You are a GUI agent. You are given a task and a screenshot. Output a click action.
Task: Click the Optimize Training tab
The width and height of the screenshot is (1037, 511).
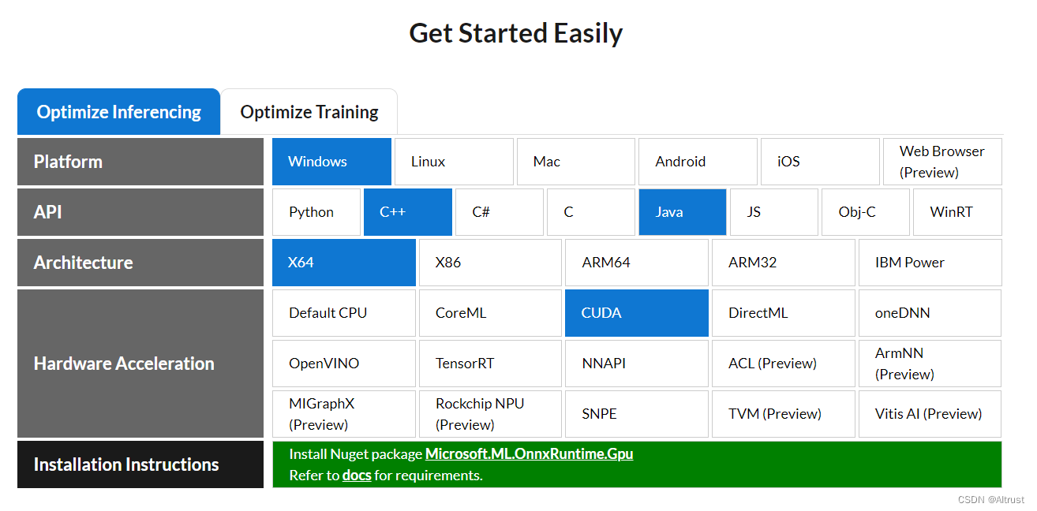309,112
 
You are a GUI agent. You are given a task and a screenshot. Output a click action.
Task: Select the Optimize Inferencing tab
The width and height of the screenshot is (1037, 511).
118,112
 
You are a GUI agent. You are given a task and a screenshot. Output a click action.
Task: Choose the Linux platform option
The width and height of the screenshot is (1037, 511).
454,162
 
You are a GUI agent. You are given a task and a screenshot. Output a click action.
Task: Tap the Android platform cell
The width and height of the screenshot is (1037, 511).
698,162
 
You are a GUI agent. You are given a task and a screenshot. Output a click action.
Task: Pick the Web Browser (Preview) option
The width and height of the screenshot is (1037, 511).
942,162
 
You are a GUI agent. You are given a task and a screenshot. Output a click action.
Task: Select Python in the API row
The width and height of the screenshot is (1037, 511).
316,212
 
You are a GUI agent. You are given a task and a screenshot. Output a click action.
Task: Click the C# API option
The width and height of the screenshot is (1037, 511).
499,212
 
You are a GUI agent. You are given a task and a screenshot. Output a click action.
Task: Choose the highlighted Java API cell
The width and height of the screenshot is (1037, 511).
683,212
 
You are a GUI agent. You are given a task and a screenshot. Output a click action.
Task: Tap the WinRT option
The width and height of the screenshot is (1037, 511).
957,212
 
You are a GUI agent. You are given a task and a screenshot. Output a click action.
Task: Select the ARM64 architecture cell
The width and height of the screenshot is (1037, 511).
637,263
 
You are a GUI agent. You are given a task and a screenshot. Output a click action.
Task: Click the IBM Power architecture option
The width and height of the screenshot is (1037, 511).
930,263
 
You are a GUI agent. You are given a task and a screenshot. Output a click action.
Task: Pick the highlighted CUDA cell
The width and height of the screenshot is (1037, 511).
637,312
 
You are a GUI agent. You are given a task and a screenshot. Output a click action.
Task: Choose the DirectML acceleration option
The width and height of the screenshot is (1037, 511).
784,312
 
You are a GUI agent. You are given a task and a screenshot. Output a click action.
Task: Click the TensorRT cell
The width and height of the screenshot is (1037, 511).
490,363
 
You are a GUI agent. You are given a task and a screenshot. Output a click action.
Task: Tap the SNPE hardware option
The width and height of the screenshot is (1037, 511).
637,413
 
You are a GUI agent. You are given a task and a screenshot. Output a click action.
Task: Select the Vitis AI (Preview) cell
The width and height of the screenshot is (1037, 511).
930,413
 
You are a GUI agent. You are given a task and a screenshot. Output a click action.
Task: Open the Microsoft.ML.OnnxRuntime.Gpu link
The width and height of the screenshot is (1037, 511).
529,453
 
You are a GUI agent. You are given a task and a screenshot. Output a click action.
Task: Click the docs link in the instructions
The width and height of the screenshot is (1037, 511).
357,476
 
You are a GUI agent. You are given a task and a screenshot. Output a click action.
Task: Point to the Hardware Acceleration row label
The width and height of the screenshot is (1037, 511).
124,364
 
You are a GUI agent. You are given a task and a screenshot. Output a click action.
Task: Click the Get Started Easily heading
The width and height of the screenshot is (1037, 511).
515,33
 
